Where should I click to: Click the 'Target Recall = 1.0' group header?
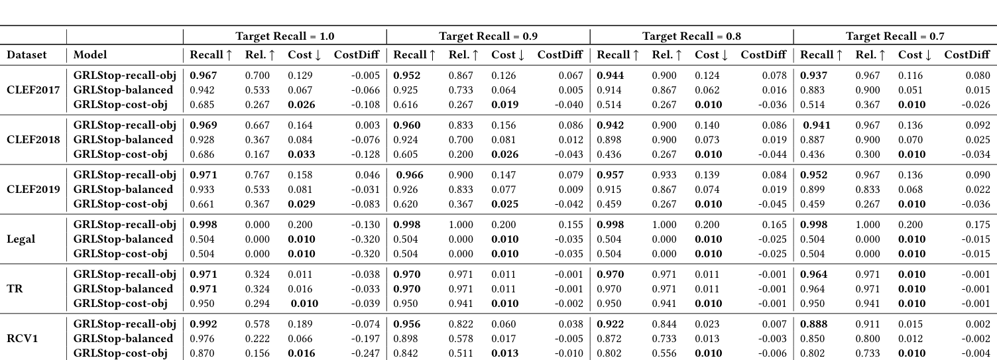(x=284, y=36)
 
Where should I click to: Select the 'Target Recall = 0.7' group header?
(x=895, y=36)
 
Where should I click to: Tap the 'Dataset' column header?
(x=27, y=55)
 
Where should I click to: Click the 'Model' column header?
(x=90, y=55)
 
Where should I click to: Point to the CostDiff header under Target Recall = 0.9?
(x=560, y=55)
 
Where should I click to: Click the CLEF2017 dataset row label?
(x=33, y=90)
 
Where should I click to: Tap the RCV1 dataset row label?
(x=22, y=338)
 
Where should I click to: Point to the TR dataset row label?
(x=15, y=288)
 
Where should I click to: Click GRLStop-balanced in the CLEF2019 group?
(x=123, y=190)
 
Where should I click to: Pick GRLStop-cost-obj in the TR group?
(x=120, y=304)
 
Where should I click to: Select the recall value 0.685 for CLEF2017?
(x=203, y=105)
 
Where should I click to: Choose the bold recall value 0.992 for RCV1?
(x=204, y=324)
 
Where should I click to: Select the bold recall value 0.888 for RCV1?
(x=814, y=324)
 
